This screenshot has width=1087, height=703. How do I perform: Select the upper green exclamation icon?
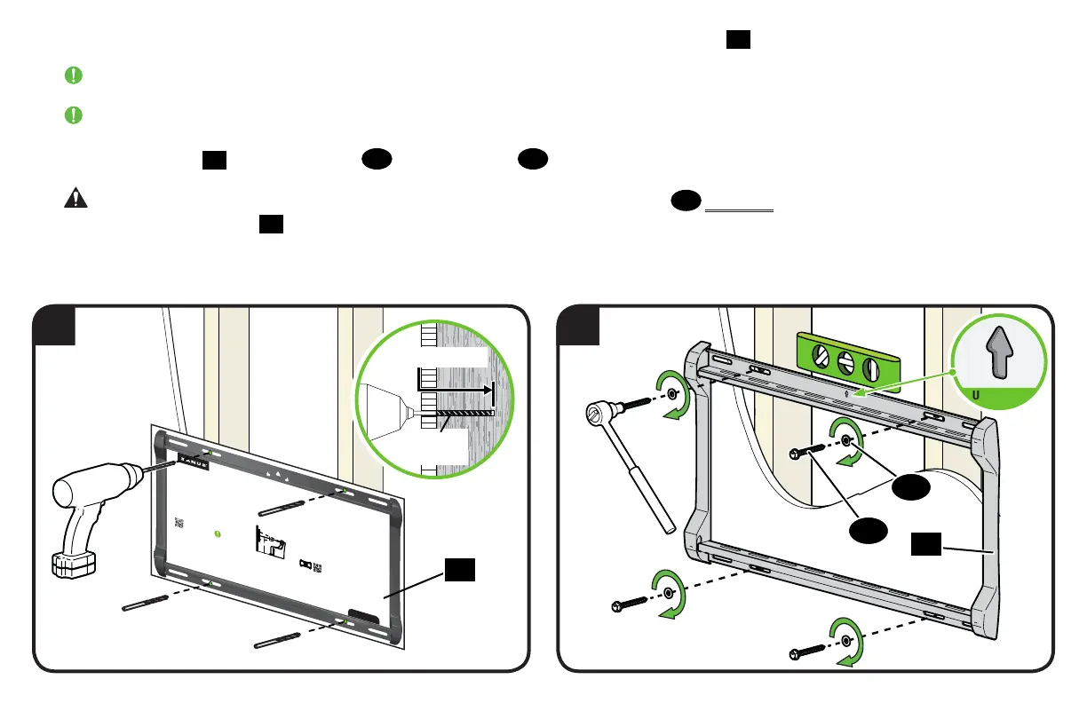point(75,76)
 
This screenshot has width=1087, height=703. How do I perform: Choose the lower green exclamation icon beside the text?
point(75,115)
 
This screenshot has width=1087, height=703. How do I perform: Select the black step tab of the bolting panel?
point(577,326)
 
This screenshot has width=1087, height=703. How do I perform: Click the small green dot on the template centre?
point(218,533)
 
